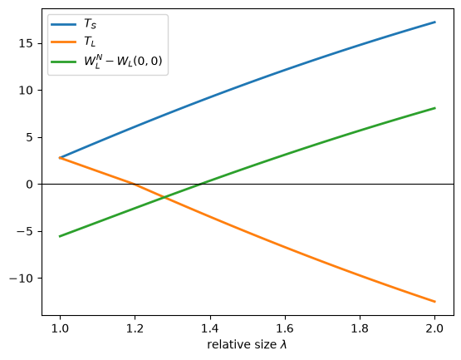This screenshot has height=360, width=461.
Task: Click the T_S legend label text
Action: pos(90,23)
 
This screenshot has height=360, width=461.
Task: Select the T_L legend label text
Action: pos(90,42)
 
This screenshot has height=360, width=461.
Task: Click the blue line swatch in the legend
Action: pos(63,24)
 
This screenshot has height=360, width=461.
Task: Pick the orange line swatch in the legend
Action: pos(63,42)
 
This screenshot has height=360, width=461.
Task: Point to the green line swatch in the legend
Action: pos(63,62)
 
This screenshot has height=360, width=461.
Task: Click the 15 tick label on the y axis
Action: pos(27,43)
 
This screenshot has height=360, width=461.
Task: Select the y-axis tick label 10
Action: pos(27,91)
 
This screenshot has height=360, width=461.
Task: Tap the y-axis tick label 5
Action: pos(30,137)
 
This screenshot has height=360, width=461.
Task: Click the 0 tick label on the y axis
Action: pos(30,185)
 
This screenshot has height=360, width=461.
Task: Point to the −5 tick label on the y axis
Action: pos(25,231)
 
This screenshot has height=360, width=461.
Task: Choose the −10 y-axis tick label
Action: pos(22,279)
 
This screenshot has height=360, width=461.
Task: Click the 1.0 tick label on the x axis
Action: pos(60,328)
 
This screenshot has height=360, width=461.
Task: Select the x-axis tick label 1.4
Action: pos(210,328)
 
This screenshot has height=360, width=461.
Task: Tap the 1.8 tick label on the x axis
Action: pos(360,328)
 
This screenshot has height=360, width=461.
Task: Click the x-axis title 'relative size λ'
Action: pos(247,344)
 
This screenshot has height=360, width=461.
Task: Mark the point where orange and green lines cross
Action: pos(164,198)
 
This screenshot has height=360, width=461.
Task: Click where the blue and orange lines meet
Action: pos(60,158)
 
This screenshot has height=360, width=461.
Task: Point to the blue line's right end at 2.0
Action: pos(434,22)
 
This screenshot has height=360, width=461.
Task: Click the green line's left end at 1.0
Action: pos(60,236)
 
